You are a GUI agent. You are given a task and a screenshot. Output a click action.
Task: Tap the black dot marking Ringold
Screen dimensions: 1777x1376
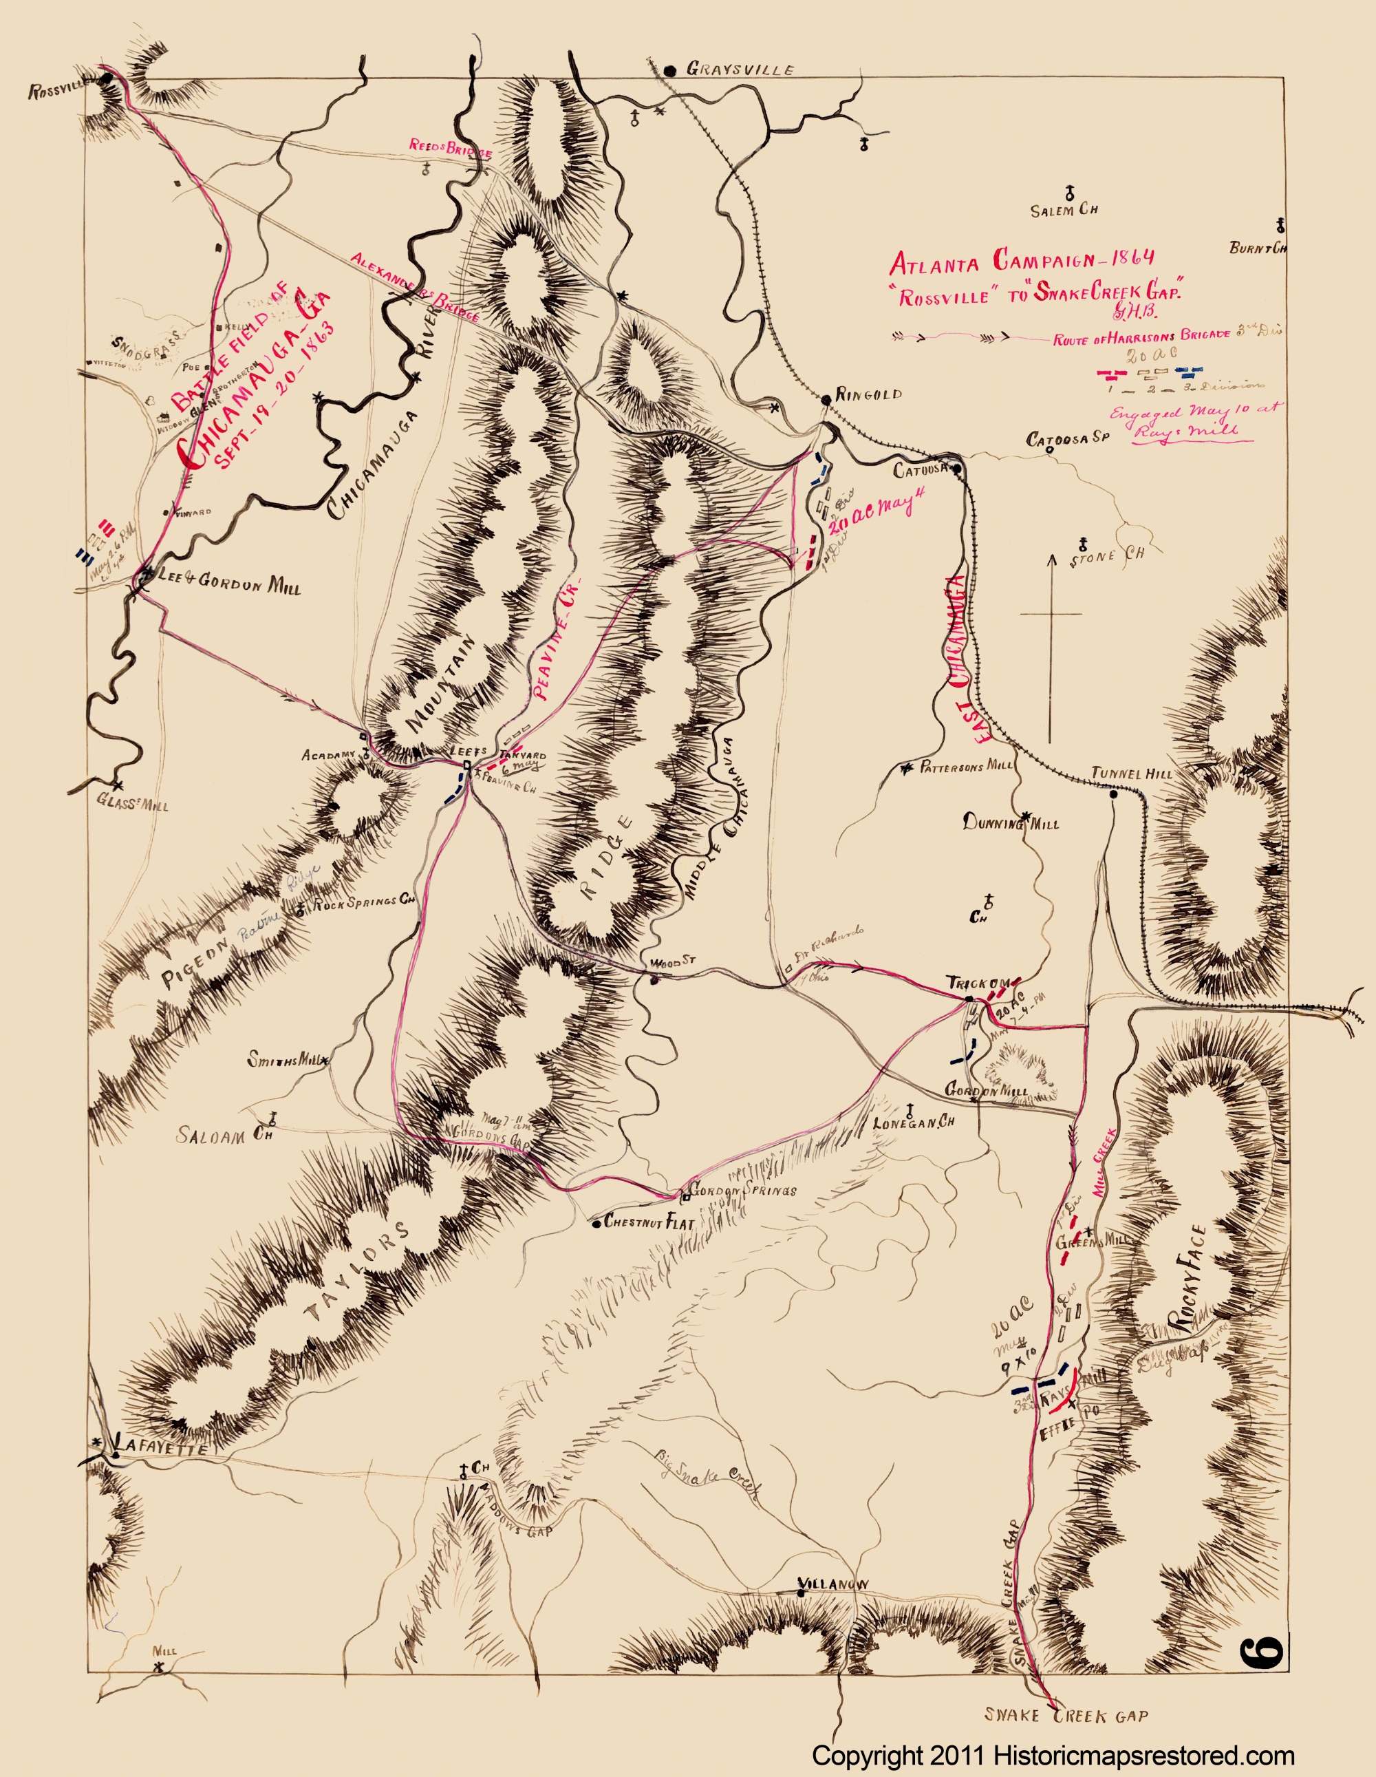tap(826, 398)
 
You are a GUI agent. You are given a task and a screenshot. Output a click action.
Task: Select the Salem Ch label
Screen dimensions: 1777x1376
tap(1064, 211)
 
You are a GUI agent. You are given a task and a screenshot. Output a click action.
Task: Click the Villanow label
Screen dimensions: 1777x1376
tap(832, 1584)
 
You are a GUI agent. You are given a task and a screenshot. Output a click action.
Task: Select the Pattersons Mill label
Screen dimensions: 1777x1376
tap(966, 765)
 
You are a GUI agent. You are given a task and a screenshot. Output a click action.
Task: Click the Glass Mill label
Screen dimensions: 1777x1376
tap(131, 804)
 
